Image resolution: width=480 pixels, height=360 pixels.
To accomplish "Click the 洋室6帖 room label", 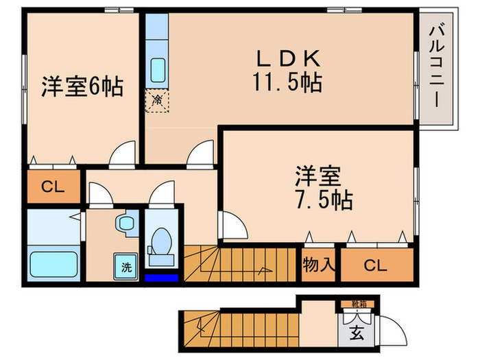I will click(x=82, y=88).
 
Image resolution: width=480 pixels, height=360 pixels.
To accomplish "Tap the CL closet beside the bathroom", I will click(x=53, y=187).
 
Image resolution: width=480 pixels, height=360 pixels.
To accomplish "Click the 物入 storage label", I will click(x=319, y=264).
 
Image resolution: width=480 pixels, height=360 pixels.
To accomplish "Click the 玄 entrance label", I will click(x=357, y=335).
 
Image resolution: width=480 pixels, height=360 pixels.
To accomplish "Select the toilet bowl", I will click(x=162, y=243).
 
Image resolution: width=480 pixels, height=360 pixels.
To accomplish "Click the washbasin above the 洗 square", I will click(x=126, y=222).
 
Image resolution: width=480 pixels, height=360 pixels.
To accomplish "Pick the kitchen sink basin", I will click(x=158, y=70).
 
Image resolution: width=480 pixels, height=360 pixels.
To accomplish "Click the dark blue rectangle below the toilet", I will click(x=163, y=278).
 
